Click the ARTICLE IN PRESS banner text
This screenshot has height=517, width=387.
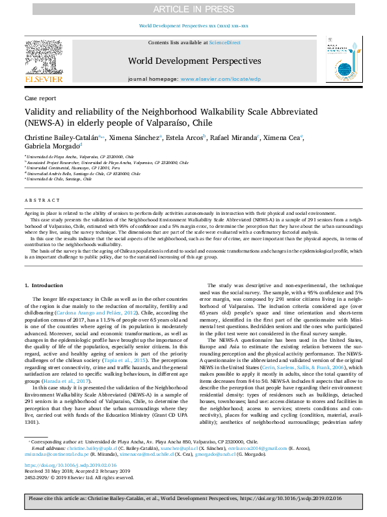click(x=193, y=9)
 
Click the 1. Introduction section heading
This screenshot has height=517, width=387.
click(x=44, y=286)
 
